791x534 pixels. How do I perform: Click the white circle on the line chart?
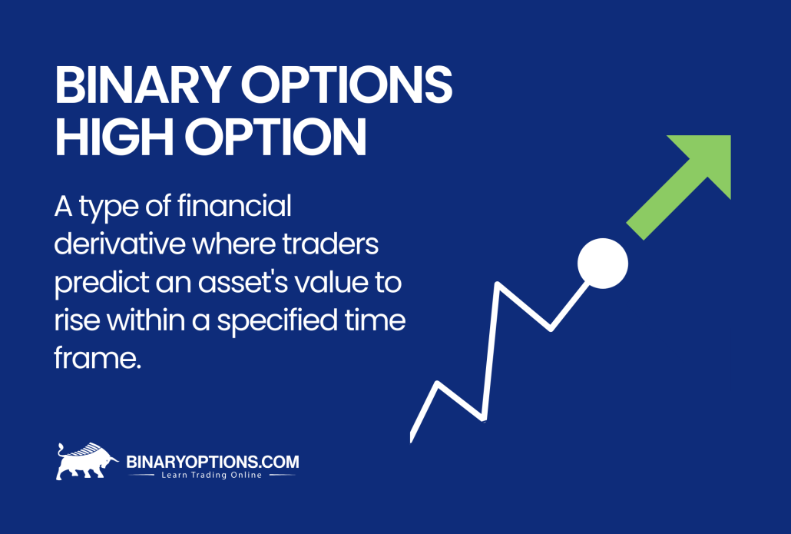[602, 264]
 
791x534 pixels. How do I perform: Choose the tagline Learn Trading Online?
[211, 476]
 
